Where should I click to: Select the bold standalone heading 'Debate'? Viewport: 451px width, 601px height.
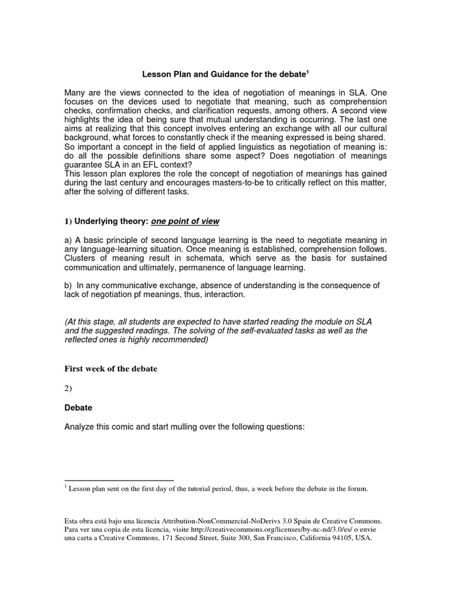point(78,407)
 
